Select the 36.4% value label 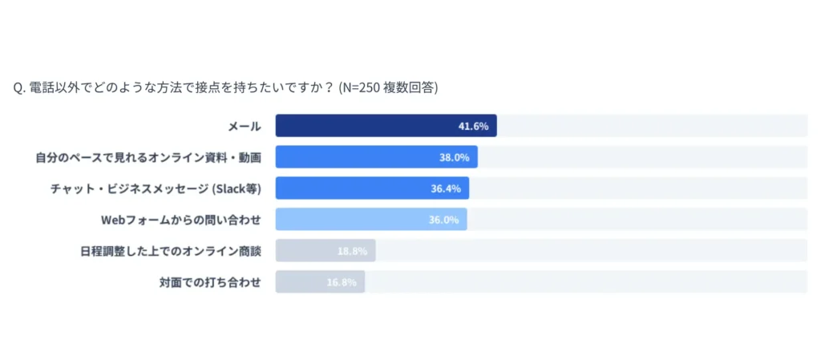[446, 188]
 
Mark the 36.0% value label [444, 220]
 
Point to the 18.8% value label [352, 251]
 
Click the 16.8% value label [342, 282]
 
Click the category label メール [245, 126]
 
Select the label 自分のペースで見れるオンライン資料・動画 [148, 157]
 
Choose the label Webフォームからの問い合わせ [181, 220]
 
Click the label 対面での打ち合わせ [210, 282]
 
